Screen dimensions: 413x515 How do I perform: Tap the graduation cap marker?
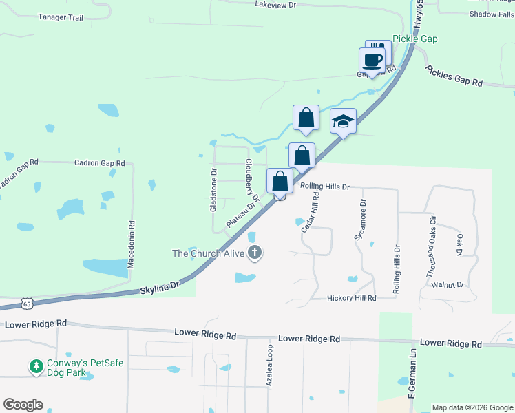click(343, 122)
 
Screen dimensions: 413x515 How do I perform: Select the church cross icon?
click(255, 253)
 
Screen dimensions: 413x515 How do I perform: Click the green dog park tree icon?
click(36, 367)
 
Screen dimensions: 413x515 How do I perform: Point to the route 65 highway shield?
click(26, 303)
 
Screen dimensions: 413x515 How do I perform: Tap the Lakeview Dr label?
click(275, 5)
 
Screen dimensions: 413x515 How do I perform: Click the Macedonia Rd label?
click(131, 244)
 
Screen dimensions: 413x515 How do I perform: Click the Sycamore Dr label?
click(360, 220)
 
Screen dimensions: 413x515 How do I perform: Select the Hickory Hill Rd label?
click(352, 298)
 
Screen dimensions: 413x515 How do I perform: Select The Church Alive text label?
click(208, 253)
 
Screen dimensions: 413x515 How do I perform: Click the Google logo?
click(23, 405)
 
